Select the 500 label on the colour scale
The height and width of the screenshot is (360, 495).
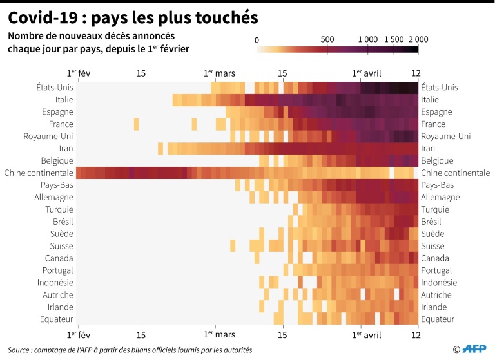(x=327, y=39)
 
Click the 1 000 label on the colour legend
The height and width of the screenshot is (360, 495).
(x=368, y=39)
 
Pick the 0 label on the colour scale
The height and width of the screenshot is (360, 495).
(x=257, y=39)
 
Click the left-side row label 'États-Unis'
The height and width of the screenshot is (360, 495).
(x=55, y=88)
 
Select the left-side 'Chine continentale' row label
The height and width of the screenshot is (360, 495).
(x=39, y=173)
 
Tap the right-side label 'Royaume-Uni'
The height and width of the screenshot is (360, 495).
(x=445, y=137)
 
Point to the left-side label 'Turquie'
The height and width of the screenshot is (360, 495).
(x=59, y=209)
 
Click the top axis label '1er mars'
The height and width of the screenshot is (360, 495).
(x=219, y=73)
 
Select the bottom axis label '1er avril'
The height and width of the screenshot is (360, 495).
(x=367, y=335)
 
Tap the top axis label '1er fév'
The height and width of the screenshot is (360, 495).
(x=79, y=73)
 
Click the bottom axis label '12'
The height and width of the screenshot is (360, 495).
(x=416, y=335)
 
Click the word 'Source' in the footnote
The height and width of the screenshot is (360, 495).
(x=20, y=350)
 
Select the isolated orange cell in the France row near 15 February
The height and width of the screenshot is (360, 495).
(x=136, y=124)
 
